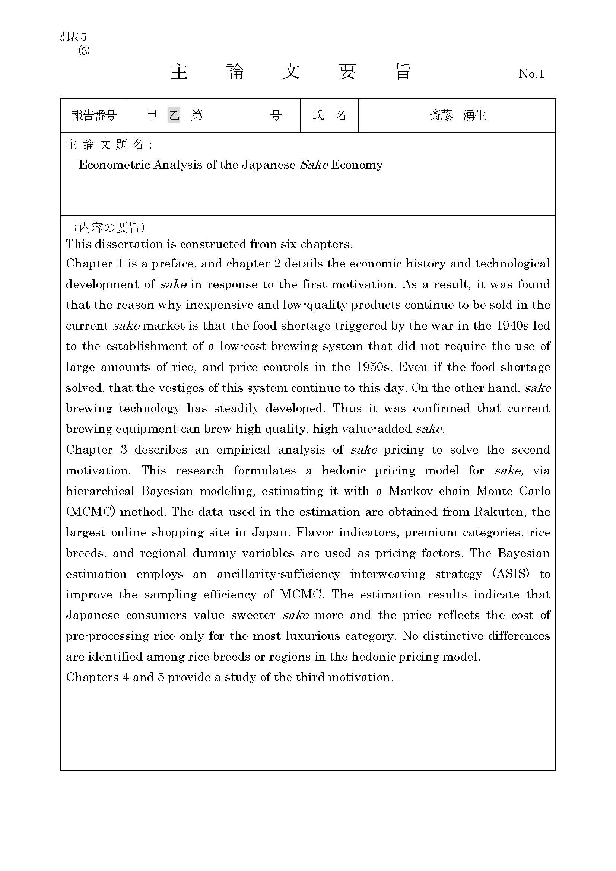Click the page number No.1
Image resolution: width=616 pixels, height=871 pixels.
pyautogui.click(x=531, y=74)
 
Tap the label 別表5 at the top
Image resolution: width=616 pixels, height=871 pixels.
pyautogui.click(x=73, y=37)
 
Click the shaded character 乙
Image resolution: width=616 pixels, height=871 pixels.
pyautogui.click(x=174, y=115)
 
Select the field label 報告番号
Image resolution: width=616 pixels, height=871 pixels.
pyautogui.click(x=93, y=115)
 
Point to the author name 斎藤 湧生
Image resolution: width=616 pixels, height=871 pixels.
pyautogui.click(x=457, y=115)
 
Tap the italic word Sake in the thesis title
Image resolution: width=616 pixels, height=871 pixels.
pyautogui.click(x=314, y=165)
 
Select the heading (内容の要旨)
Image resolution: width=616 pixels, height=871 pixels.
pyautogui.click(x=106, y=227)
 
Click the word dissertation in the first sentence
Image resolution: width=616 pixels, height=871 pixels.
pyautogui.click(x=129, y=244)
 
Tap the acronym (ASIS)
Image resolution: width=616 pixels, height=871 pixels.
pyautogui.click(x=511, y=574)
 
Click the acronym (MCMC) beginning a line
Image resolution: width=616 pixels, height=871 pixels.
pyautogui.click(x=90, y=512)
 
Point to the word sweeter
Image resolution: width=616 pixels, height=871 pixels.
pyautogui.click(x=253, y=615)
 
